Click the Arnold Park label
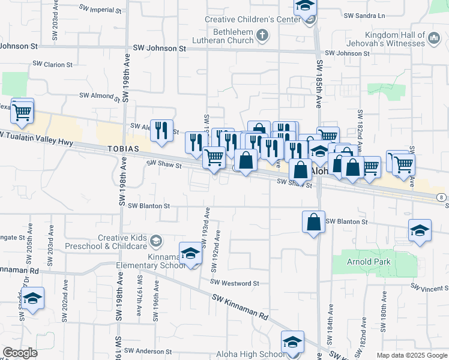coord(369,262)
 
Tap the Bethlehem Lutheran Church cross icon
coord(262,35)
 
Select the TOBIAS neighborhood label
coord(124,148)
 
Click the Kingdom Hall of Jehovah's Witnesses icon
coord(434,40)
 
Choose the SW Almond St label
coord(100,96)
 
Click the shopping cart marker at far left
coord(22,111)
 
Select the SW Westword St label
coord(234,283)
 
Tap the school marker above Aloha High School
coord(292,342)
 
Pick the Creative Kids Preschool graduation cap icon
coord(156,241)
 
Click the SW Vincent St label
coord(430,289)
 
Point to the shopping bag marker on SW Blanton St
coord(313,222)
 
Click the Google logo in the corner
coord(20,352)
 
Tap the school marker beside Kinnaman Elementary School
coord(190,253)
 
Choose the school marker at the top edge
coord(305,7)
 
